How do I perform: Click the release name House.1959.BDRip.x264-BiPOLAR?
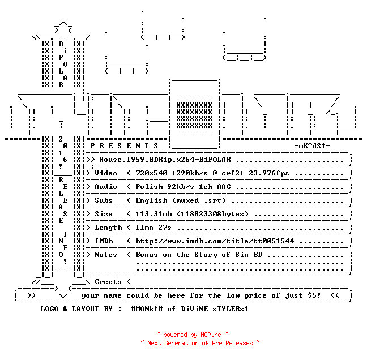coord(165,160)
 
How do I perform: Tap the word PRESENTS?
coord(124,146)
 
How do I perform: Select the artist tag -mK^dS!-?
coord(312,146)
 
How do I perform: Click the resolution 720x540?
coord(151,173)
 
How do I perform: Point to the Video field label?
coord(106,173)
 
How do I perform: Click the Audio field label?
coord(106,187)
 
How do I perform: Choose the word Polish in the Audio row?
coord(149,187)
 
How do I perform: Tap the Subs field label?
coord(104,200)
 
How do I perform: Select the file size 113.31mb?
coord(153,214)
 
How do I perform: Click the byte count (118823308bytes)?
coord(213,214)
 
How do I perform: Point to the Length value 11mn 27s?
coord(153,228)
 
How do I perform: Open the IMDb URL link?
coord(215,241)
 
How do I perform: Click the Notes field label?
coord(106,255)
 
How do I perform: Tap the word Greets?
coord(108,282)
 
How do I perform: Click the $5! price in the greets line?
coord(314,295)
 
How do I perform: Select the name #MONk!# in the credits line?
coord(147,308)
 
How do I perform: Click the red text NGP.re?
coord(211,335)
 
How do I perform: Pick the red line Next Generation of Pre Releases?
coord(200,343)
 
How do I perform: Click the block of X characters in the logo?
coord(194,115)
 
